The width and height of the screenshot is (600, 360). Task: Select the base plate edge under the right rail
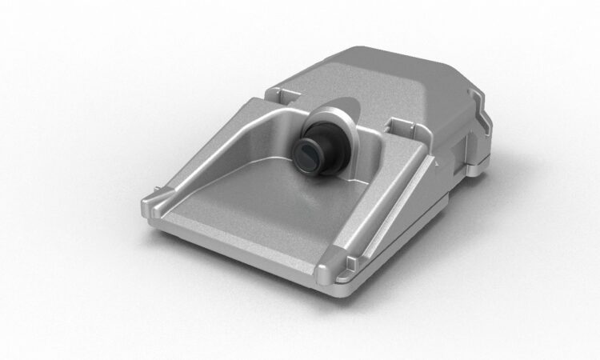point(400,240)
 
